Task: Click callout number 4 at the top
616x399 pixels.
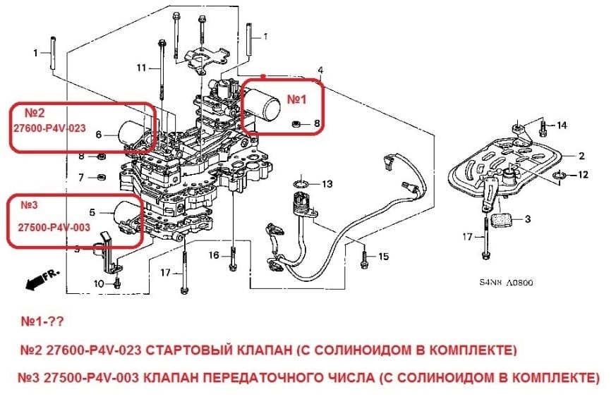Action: (x=320, y=70)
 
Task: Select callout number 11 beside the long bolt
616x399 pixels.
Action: (x=140, y=68)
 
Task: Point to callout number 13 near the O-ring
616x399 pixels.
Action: (x=326, y=184)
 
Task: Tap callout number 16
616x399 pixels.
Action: (x=214, y=254)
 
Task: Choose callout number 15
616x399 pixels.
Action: (x=383, y=257)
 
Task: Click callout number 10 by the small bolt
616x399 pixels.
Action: (x=98, y=283)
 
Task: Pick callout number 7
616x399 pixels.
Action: (x=81, y=176)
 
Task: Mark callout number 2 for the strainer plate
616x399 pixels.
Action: (x=581, y=156)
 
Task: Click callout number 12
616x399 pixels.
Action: (x=583, y=174)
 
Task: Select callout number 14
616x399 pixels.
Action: (x=562, y=125)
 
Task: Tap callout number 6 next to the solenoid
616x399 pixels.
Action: (x=99, y=134)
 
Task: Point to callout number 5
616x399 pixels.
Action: (x=91, y=211)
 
